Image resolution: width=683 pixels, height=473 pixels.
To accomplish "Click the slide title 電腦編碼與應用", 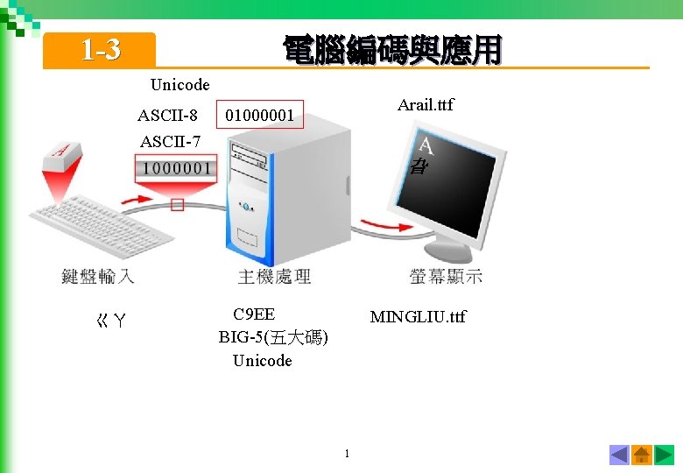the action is [391, 50].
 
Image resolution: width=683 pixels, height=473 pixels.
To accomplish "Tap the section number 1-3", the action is [101, 51].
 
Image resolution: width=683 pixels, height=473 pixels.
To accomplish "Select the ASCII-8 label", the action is [167, 115].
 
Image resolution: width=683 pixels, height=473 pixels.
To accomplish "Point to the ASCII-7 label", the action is [170, 141].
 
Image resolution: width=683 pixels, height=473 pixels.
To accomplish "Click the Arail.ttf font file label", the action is [426, 105].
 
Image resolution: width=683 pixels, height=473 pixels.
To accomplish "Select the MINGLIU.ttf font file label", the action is [418, 316].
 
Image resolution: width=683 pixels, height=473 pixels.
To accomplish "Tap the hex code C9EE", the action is [254, 314].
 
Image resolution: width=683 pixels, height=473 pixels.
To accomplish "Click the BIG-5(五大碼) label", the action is [273, 337].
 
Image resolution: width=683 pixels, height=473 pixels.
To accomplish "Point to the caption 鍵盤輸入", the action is [98, 276].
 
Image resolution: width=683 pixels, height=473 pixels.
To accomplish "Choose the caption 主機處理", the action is [274, 276].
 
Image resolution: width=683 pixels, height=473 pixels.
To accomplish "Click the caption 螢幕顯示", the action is [446, 276].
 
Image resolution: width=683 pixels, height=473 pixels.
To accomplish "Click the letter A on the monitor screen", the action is [425, 145].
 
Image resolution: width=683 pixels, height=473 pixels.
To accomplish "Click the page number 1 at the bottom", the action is [347, 453].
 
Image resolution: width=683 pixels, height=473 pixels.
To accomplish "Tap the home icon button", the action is [642, 455].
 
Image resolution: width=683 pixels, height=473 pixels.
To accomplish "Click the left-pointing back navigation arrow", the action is [619, 455].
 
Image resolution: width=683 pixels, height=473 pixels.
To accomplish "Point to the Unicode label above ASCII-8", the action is [180, 85].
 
